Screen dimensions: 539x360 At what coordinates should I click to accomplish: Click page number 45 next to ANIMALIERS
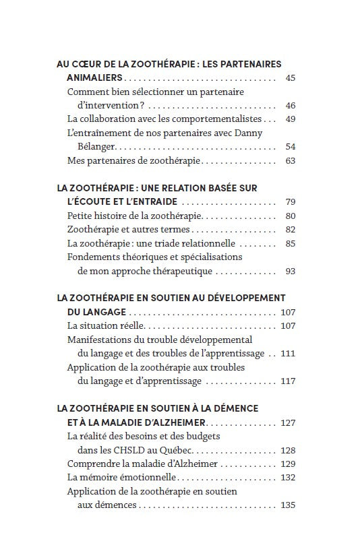click(290, 79)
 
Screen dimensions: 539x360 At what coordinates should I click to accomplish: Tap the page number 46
click(290, 106)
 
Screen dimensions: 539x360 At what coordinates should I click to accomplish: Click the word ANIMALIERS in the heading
click(94, 79)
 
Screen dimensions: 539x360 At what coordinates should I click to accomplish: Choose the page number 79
click(290, 201)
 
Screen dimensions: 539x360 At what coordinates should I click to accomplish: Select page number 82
click(290, 230)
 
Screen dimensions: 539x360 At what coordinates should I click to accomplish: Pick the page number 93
click(290, 271)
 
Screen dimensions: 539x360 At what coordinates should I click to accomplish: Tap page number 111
click(288, 354)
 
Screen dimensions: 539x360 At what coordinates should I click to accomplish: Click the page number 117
click(288, 381)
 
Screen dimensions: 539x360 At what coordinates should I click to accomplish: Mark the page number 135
click(288, 505)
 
